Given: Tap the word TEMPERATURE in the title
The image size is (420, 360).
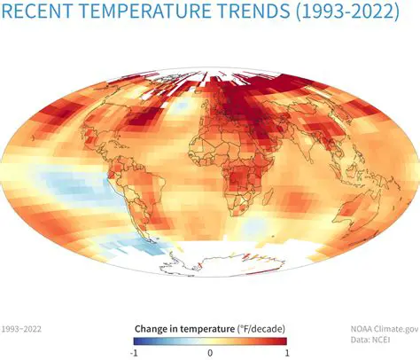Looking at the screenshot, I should pos(143,12).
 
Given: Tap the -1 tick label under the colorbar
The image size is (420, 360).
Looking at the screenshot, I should pos(135,352).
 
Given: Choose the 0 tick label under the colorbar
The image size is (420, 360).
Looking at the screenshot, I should pos(210,352).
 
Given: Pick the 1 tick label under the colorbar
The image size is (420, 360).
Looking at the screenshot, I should pos(285,352).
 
